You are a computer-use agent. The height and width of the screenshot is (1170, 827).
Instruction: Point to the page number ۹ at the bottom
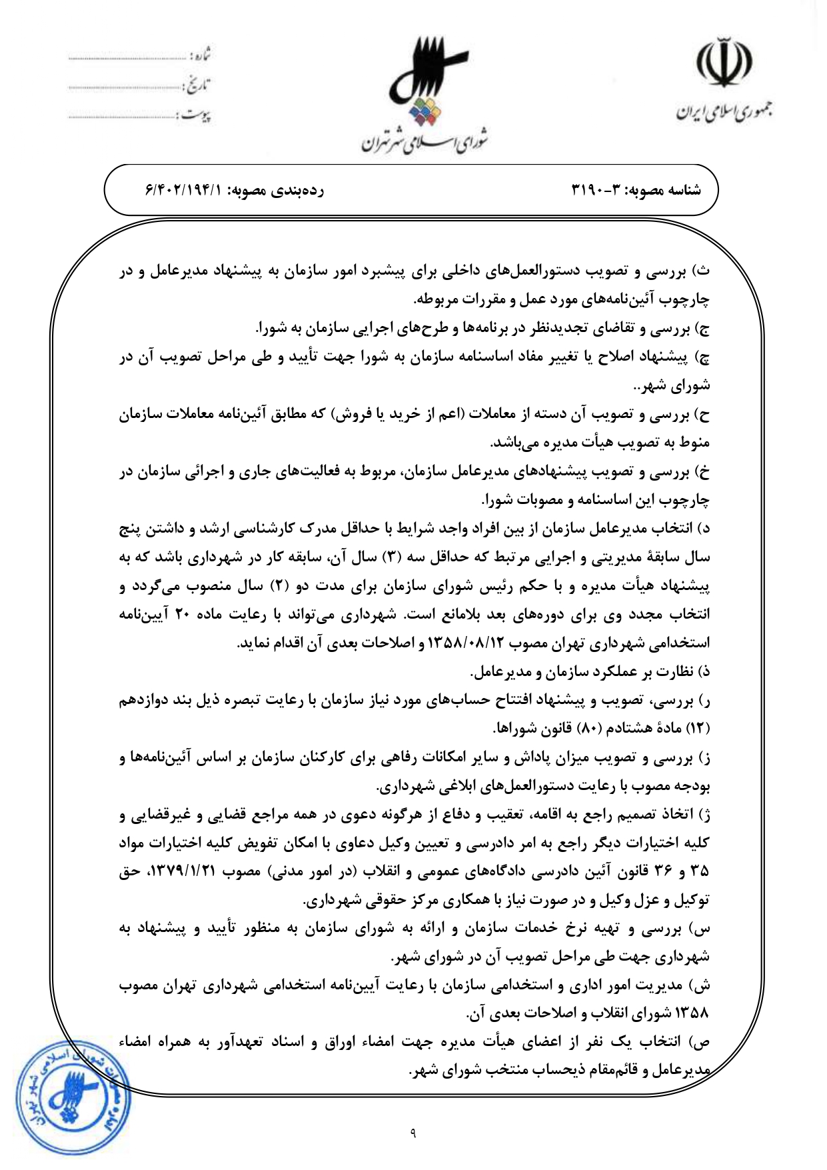(x=413, y=1131)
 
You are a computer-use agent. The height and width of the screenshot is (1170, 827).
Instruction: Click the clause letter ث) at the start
(x=703, y=271)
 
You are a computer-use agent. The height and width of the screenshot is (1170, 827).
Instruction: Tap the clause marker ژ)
(x=703, y=815)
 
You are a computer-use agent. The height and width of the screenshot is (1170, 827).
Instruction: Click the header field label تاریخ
(x=197, y=86)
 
